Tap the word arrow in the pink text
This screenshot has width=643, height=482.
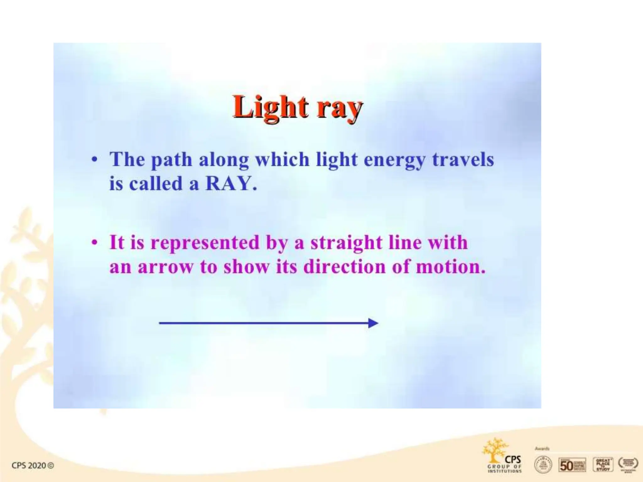(x=165, y=267)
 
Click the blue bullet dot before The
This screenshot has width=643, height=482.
(x=94, y=160)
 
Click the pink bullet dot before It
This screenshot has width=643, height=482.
(x=94, y=243)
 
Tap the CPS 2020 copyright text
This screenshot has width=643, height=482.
(x=33, y=465)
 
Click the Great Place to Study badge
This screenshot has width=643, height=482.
(x=602, y=465)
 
